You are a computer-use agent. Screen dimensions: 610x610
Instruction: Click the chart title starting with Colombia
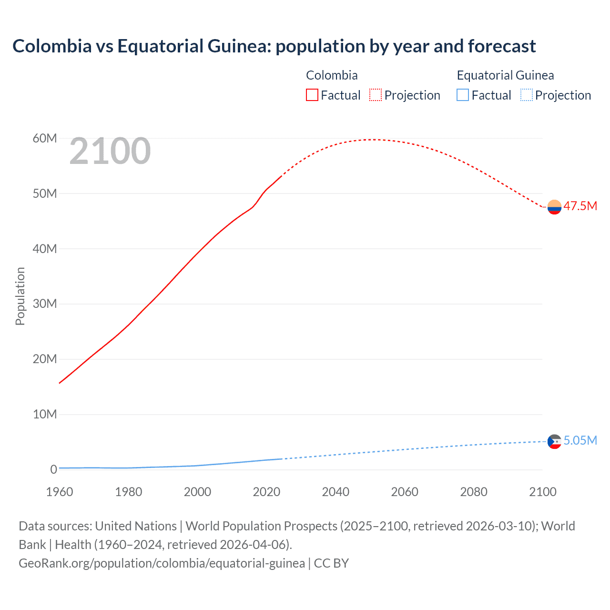coord(274,46)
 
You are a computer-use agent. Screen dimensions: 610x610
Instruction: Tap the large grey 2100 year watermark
coord(110,151)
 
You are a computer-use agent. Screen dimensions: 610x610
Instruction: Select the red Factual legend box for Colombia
coord(312,95)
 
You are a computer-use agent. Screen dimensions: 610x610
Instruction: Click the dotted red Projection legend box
coord(376,95)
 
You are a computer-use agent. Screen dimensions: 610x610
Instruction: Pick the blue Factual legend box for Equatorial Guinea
coord(462,95)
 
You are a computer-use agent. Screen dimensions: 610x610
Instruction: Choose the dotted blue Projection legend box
coord(526,95)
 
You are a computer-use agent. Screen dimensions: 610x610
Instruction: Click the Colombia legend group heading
coord(332,75)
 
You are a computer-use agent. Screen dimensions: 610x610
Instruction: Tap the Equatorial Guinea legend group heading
coord(505,75)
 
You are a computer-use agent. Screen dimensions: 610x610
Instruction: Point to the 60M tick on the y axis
coord(45,138)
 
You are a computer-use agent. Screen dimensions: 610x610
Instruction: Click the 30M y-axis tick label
coord(45,304)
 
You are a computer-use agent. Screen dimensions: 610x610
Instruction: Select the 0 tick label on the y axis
coord(53,469)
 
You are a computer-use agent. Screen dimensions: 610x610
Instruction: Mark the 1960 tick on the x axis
coord(60,492)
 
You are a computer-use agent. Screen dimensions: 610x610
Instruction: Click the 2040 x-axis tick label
coord(335,492)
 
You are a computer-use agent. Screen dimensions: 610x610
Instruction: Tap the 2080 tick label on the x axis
coord(474,492)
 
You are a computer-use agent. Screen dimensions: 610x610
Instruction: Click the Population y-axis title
coord(20,296)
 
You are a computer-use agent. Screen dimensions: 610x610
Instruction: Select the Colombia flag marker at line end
coord(554,207)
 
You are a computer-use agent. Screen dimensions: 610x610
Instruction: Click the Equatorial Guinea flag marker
coord(554,441)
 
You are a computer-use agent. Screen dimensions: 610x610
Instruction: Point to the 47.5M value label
coord(580,206)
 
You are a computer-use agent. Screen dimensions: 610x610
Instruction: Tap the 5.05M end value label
coord(580,440)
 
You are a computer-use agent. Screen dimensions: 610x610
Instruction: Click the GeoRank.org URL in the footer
coord(162,563)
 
